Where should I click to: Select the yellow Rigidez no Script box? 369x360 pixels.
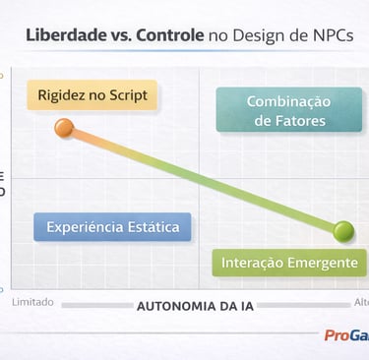[x=92, y=95]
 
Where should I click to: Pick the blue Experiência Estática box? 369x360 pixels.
[x=112, y=227]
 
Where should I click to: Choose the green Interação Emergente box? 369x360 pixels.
[x=288, y=263]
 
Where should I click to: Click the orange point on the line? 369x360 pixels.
[x=65, y=127]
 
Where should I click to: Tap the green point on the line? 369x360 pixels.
[x=343, y=232]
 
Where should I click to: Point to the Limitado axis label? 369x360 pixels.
[x=32, y=302]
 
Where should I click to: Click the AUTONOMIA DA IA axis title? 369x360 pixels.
[x=195, y=306]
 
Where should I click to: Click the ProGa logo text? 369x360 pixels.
[x=346, y=335]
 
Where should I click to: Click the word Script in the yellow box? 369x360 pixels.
[x=129, y=95]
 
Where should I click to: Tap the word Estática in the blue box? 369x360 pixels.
[x=153, y=227]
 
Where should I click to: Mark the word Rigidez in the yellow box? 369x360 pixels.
[x=64, y=95]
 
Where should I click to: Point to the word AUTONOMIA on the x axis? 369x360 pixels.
[x=173, y=306]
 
